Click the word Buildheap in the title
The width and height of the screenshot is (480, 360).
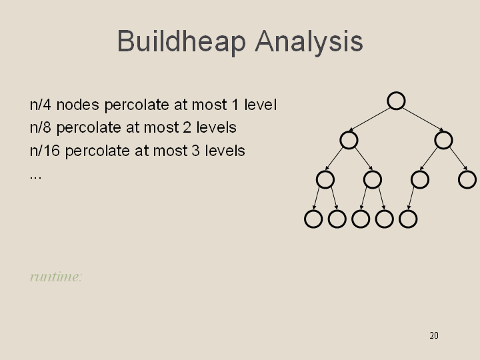(181, 41)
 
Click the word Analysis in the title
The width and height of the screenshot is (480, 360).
(309, 41)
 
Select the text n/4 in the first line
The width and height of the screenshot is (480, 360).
(40, 105)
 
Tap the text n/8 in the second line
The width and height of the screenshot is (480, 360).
(40, 127)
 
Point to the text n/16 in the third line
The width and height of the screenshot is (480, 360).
(45, 151)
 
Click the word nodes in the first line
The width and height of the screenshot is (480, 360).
(78, 105)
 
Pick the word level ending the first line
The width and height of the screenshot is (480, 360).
(261, 105)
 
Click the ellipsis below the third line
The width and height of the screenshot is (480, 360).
(35, 177)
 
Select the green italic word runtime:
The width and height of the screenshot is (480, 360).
(56, 277)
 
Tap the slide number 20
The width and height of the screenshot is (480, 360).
(434, 335)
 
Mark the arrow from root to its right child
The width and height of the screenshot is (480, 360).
(423, 119)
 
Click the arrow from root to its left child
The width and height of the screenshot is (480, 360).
(369, 119)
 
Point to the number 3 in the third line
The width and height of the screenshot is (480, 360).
(195, 151)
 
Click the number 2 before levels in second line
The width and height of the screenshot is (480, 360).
(187, 127)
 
